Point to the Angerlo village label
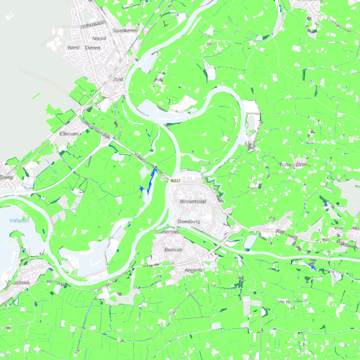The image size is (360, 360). tap(194, 269)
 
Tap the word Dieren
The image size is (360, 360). tap(92, 48)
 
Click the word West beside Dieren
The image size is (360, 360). tap(73, 48)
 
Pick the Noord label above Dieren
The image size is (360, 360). tap(99, 37)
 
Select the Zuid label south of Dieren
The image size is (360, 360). tap(119, 79)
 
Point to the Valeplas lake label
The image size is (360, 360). tap(19, 220)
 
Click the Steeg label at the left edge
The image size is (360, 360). tap(6, 176)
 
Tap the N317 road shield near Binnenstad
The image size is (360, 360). tap(176, 181)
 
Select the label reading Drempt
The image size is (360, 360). tap(297, 164)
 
